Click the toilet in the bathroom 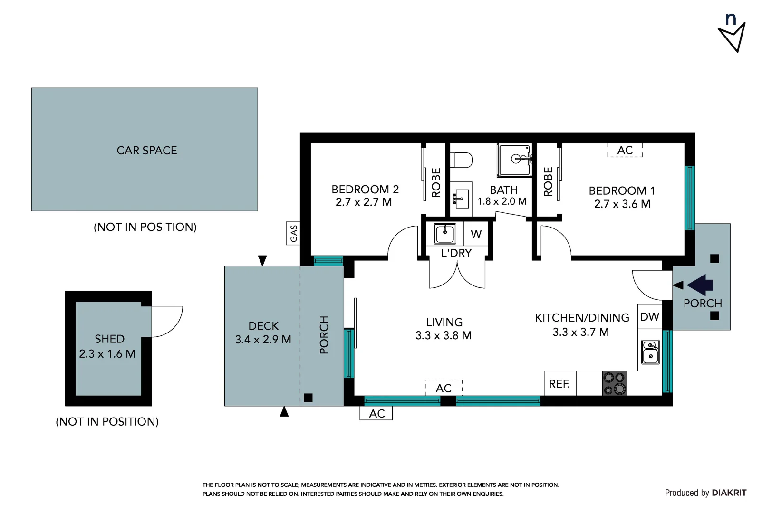461,160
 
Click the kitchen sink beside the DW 650,352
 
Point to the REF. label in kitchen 559,384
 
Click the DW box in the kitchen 649,317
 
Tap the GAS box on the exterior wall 293,233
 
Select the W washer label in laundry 476,234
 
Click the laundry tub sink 445,234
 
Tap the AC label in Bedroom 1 625,151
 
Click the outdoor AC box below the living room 376,414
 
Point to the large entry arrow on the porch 701,285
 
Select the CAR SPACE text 147,151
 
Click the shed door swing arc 167,322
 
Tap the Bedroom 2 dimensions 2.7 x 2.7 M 364,202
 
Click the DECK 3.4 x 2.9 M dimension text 263,340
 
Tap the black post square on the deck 308,398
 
